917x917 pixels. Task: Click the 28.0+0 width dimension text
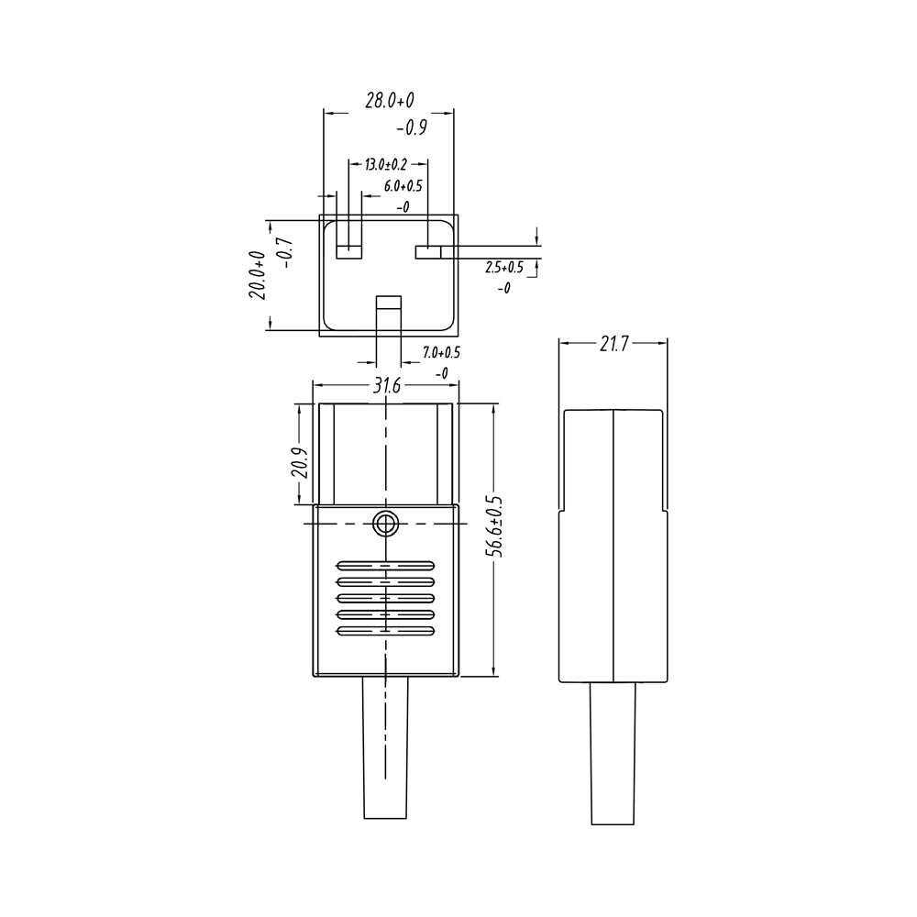tap(389, 101)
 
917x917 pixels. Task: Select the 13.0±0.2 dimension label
tap(385, 165)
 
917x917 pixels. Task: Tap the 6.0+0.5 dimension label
tap(403, 186)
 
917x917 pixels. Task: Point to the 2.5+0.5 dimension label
tap(503, 268)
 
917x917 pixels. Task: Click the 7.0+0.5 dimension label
tap(440, 352)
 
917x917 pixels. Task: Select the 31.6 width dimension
tap(386, 386)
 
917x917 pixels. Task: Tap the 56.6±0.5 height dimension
tap(494, 526)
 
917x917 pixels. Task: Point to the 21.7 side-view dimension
tap(613, 344)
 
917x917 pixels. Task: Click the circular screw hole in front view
tap(386, 525)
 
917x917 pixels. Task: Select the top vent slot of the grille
tap(386, 565)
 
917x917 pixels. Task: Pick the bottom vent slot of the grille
tap(386, 631)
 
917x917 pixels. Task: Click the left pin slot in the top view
tap(350, 251)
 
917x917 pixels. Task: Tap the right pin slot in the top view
tap(428, 251)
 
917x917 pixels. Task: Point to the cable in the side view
tap(612, 752)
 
